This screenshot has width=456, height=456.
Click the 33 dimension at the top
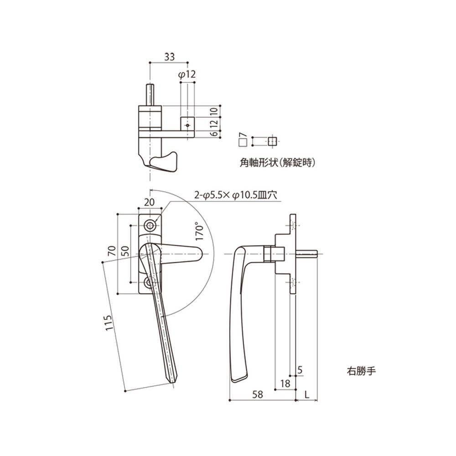(x=169, y=57)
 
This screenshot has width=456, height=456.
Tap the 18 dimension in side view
(x=285, y=384)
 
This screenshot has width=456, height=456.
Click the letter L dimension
(x=307, y=395)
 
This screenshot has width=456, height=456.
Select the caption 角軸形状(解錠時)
(x=277, y=162)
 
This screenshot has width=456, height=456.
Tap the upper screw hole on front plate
(x=150, y=225)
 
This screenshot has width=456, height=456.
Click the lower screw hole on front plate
(x=150, y=284)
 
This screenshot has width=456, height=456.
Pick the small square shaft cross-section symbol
(x=272, y=141)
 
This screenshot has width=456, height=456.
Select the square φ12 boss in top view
(x=187, y=124)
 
